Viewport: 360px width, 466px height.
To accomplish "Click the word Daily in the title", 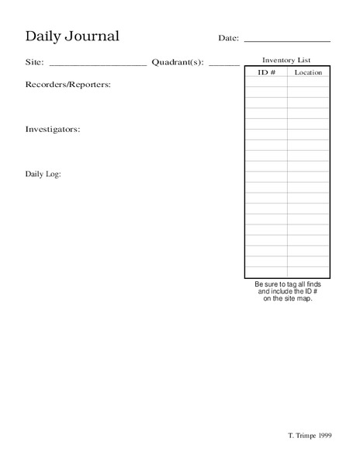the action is coord(43,37).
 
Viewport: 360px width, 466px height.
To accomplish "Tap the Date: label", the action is coord(228,38).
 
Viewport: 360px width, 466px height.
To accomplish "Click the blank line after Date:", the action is coord(287,40).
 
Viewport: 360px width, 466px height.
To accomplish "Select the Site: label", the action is coord(34,63).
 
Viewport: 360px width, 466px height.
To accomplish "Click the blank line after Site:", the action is coord(98,65).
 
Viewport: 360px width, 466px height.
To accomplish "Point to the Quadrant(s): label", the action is coord(178,63).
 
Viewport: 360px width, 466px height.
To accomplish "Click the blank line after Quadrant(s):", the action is coord(224,65).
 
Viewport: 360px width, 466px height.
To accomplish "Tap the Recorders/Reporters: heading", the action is coord(67,84).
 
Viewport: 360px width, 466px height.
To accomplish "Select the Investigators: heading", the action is coord(53,129).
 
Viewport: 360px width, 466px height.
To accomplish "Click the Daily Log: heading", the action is coord(43,174).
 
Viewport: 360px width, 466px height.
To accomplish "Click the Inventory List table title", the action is coord(286,60).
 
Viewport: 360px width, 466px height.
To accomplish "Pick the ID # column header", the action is coord(266,72).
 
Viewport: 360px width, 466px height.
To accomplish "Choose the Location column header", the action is coord(308,72).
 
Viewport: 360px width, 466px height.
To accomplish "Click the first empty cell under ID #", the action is coord(266,82).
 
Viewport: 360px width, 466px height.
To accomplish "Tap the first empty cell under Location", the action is coord(308,82).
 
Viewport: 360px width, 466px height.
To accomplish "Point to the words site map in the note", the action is coord(298,299).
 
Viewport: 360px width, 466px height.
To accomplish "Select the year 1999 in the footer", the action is coord(324,436).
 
